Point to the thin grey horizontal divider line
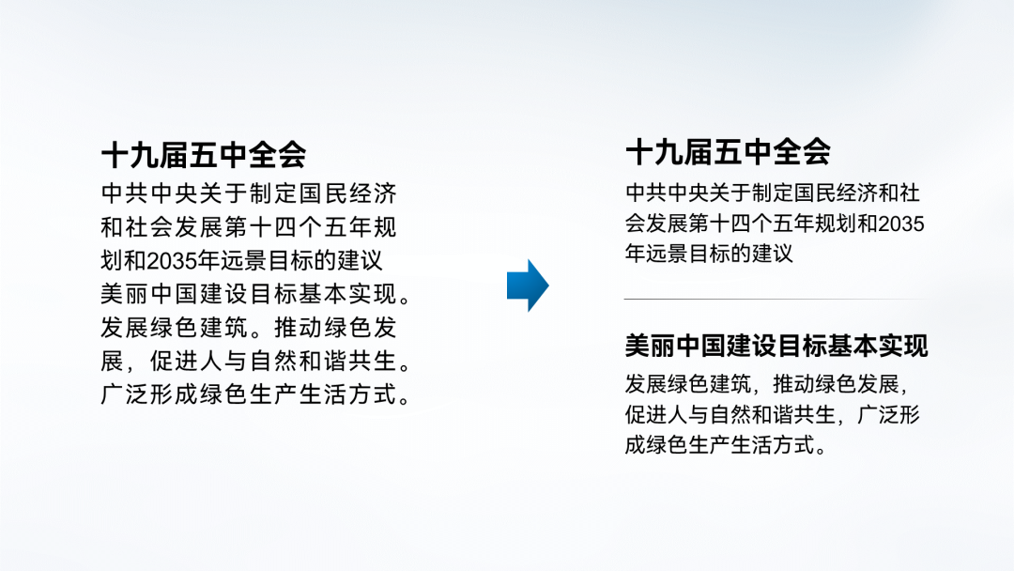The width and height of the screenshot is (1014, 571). click(x=774, y=300)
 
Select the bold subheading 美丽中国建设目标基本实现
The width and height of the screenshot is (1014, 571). click(x=776, y=346)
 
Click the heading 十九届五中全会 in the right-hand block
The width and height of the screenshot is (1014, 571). click(x=728, y=152)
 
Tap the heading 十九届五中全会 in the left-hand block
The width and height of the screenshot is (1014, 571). click(x=203, y=154)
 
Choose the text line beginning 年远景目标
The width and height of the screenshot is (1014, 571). click(x=709, y=255)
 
